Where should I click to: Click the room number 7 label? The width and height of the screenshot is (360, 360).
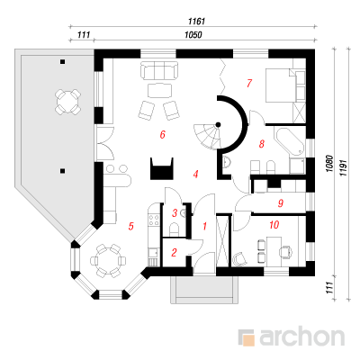pos(249,83)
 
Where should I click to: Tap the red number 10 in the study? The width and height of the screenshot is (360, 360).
pos(274,224)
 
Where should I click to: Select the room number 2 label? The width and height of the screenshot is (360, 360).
pos(174,253)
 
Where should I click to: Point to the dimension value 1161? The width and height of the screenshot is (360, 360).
pos(196,22)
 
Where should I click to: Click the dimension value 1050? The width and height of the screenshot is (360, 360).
pos(193,35)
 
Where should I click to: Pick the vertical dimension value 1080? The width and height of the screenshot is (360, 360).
pos(329,164)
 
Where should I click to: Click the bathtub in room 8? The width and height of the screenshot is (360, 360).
pos(289,141)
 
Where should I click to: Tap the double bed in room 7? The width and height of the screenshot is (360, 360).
pos(280,85)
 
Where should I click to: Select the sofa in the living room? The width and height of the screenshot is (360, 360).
pos(159,70)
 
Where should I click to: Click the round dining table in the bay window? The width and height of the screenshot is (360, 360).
pos(105,260)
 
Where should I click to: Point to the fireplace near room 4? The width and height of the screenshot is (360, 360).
pos(162,168)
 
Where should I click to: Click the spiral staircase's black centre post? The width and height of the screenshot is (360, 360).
pos(218,124)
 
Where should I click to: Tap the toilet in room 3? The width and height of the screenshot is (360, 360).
pos(174,229)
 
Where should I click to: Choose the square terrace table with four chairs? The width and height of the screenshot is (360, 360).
pos(68,101)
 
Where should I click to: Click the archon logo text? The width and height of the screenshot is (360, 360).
pos(301,337)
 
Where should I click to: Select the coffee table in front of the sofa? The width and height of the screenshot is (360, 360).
pos(159,91)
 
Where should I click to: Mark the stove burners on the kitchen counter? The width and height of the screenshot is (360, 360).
pos(154,220)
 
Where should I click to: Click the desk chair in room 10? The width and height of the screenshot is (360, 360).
pos(286,251)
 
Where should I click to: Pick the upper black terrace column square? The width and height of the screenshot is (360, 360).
pos(62,61)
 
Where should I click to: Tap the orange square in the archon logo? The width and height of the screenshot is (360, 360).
pos(248,340)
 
